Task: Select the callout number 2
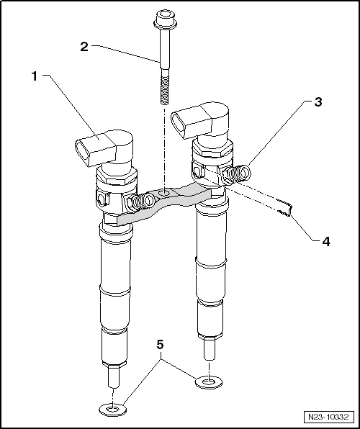click(x=84, y=47)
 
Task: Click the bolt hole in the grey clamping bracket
click(x=165, y=193)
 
